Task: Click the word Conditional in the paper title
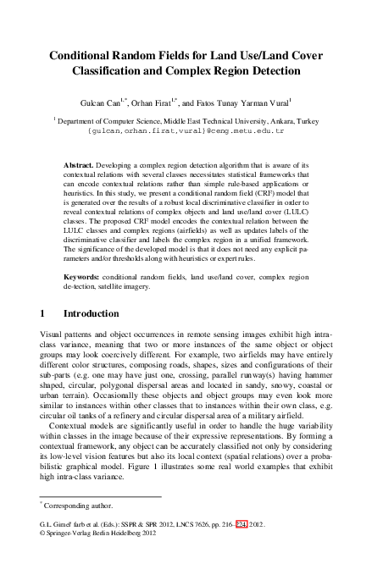(x=83, y=53)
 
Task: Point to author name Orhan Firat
(x=168, y=102)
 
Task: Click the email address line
(x=186, y=132)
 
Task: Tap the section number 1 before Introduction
(x=43, y=314)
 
